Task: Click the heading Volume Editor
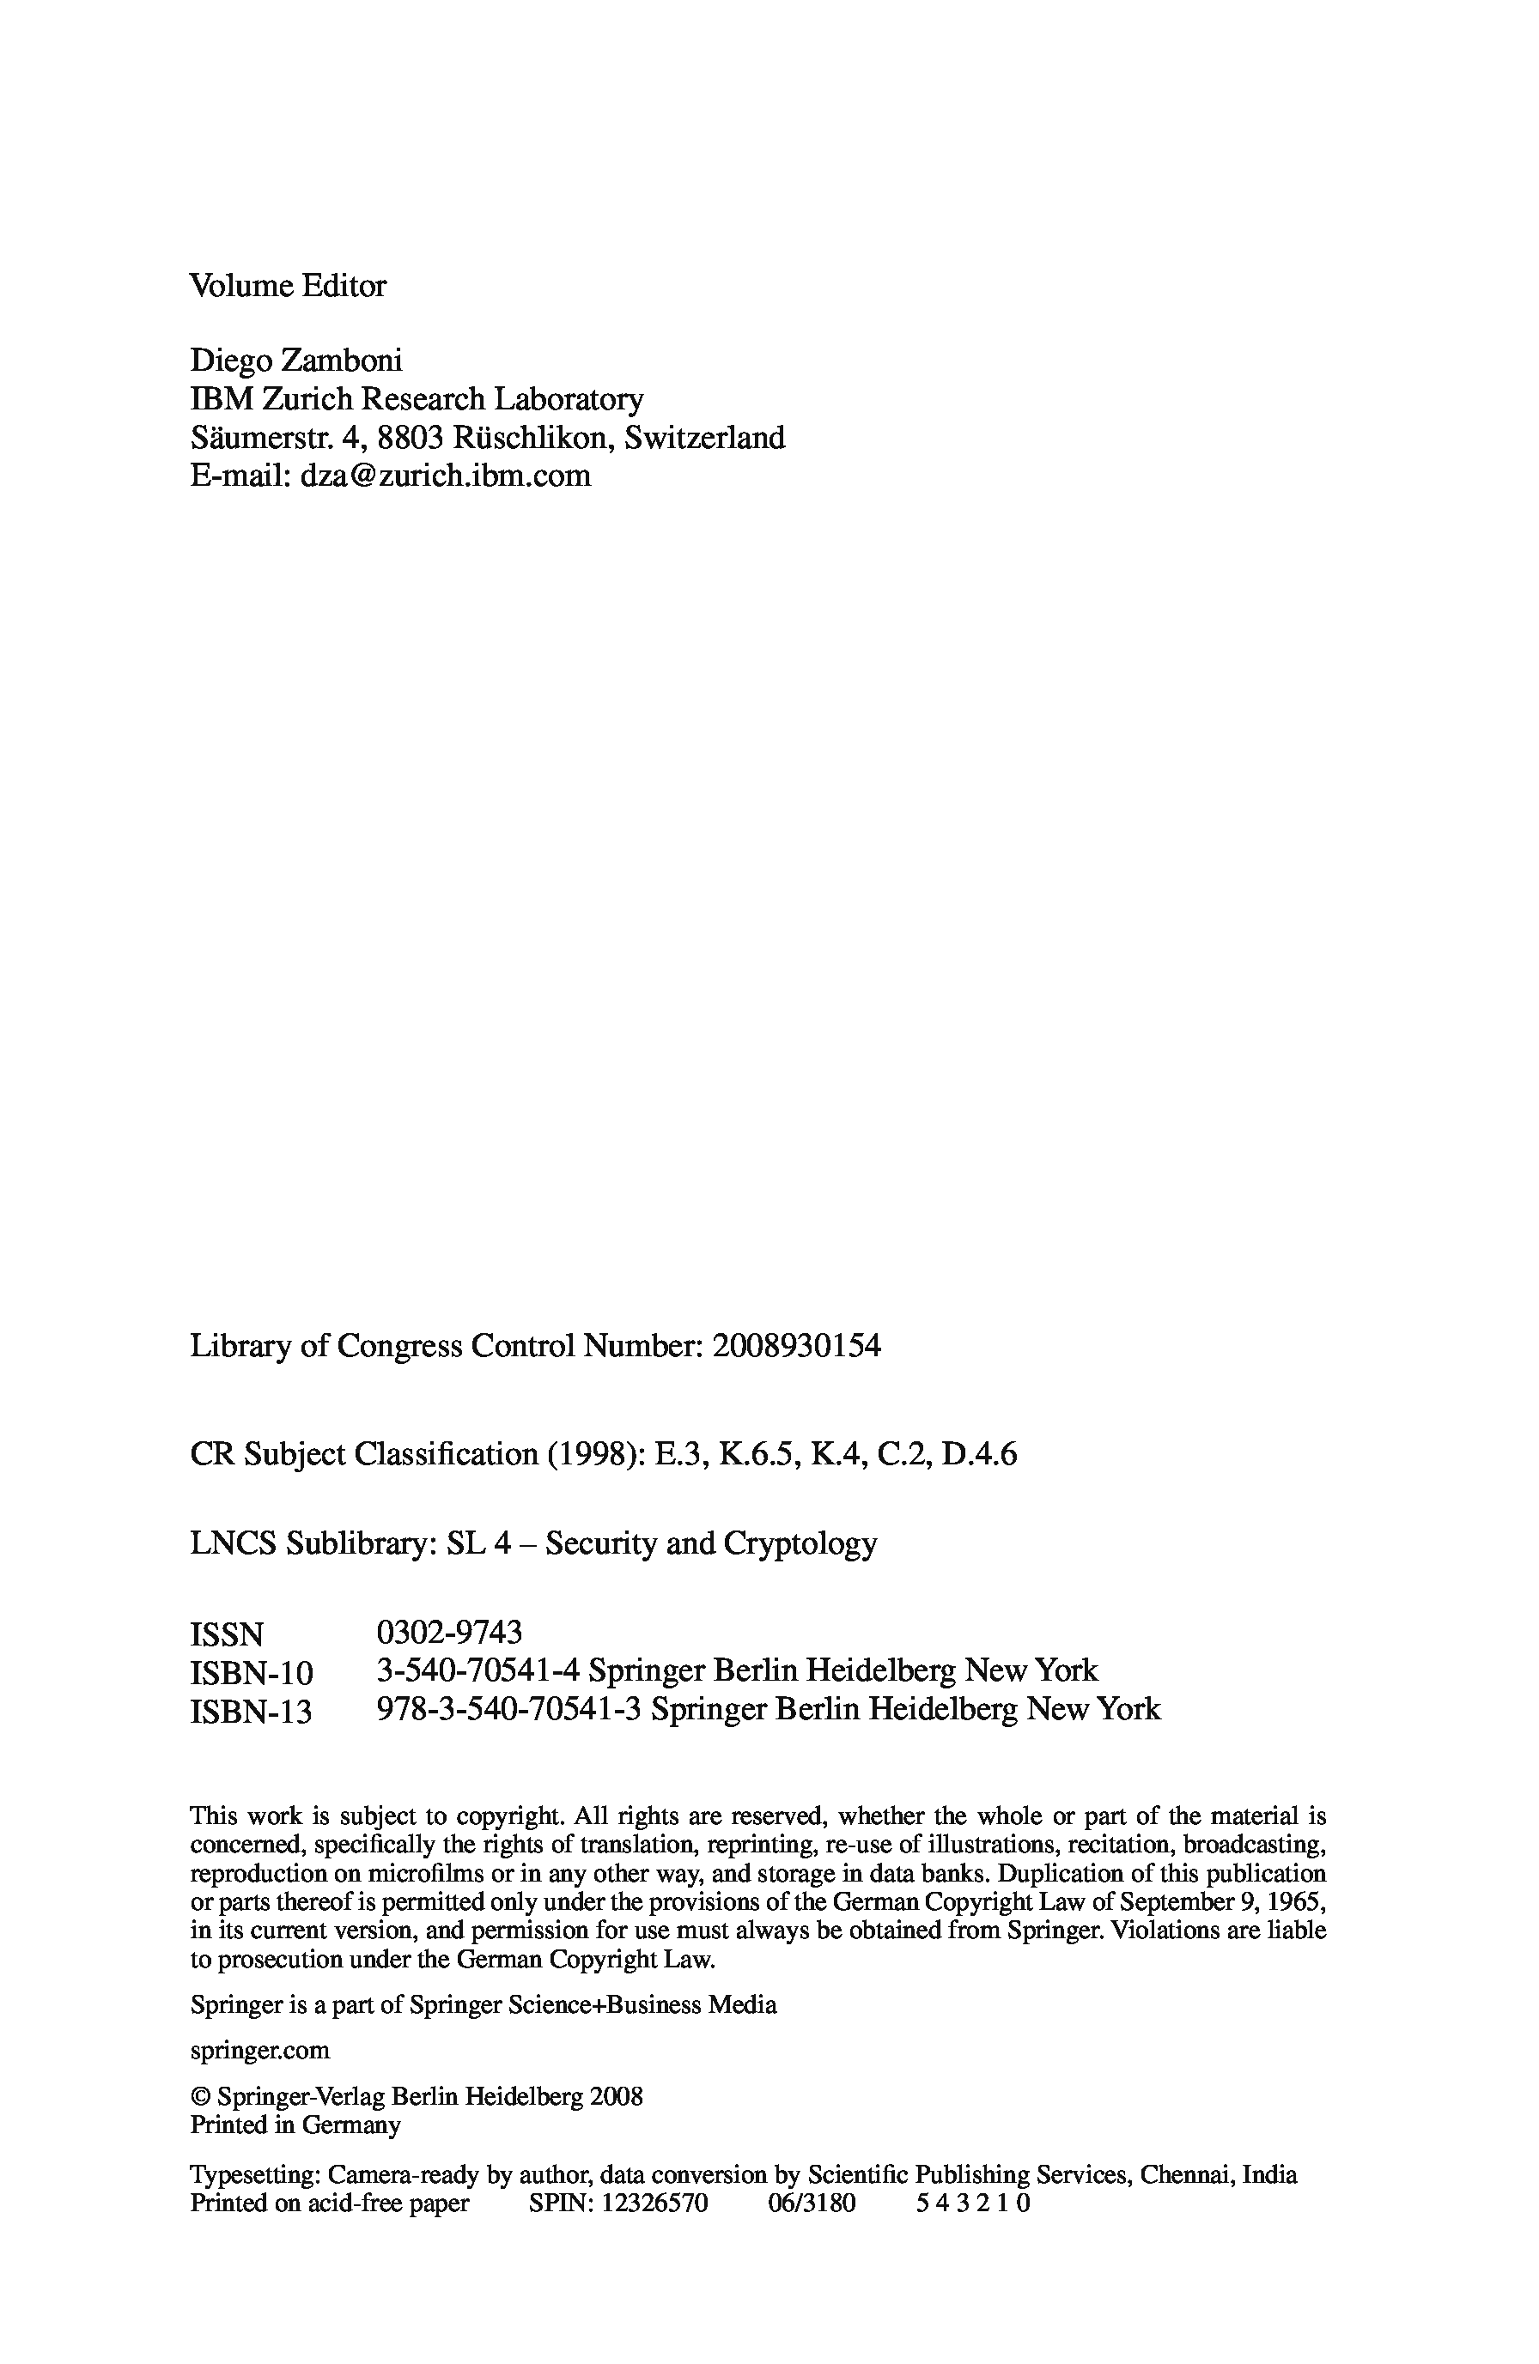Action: tap(287, 286)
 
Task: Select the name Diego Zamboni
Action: tap(296, 360)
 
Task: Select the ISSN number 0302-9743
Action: tap(449, 1632)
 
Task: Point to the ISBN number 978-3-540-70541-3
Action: tap(508, 1709)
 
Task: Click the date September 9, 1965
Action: tap(1226, 1902)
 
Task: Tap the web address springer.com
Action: tap(259, 2050)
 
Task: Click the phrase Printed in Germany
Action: tap(295, 2125)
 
